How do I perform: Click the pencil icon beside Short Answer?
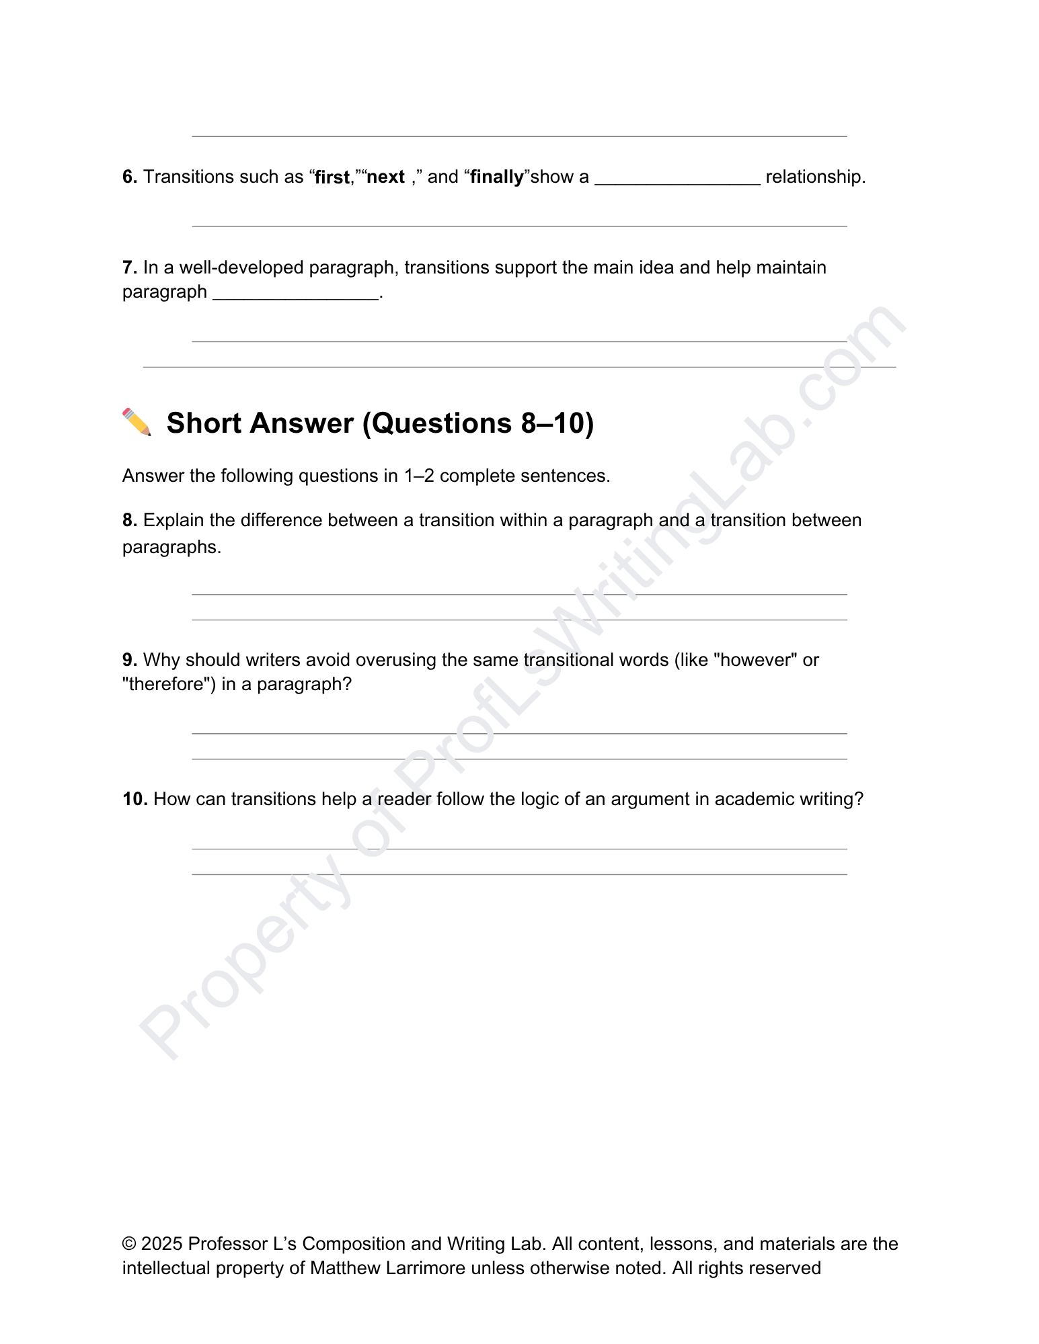coord(137,423)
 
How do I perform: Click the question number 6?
coord(129,177)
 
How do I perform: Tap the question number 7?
coord(129,267)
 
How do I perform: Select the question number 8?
coord(129,520)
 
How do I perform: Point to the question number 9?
coord(129,660)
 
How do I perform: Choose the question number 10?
coord(134,799)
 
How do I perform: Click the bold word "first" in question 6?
coord(332,177)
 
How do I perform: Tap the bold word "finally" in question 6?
coord(497,177)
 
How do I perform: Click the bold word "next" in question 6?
coord(385,177)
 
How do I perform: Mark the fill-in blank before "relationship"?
coord(677,179)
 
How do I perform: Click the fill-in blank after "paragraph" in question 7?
coord(296,294)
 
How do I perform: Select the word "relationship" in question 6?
coord(814,177)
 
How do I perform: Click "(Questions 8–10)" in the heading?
coord(478,423)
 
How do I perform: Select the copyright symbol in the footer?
coord(129,1244)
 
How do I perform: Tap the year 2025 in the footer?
coord(162,1244)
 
